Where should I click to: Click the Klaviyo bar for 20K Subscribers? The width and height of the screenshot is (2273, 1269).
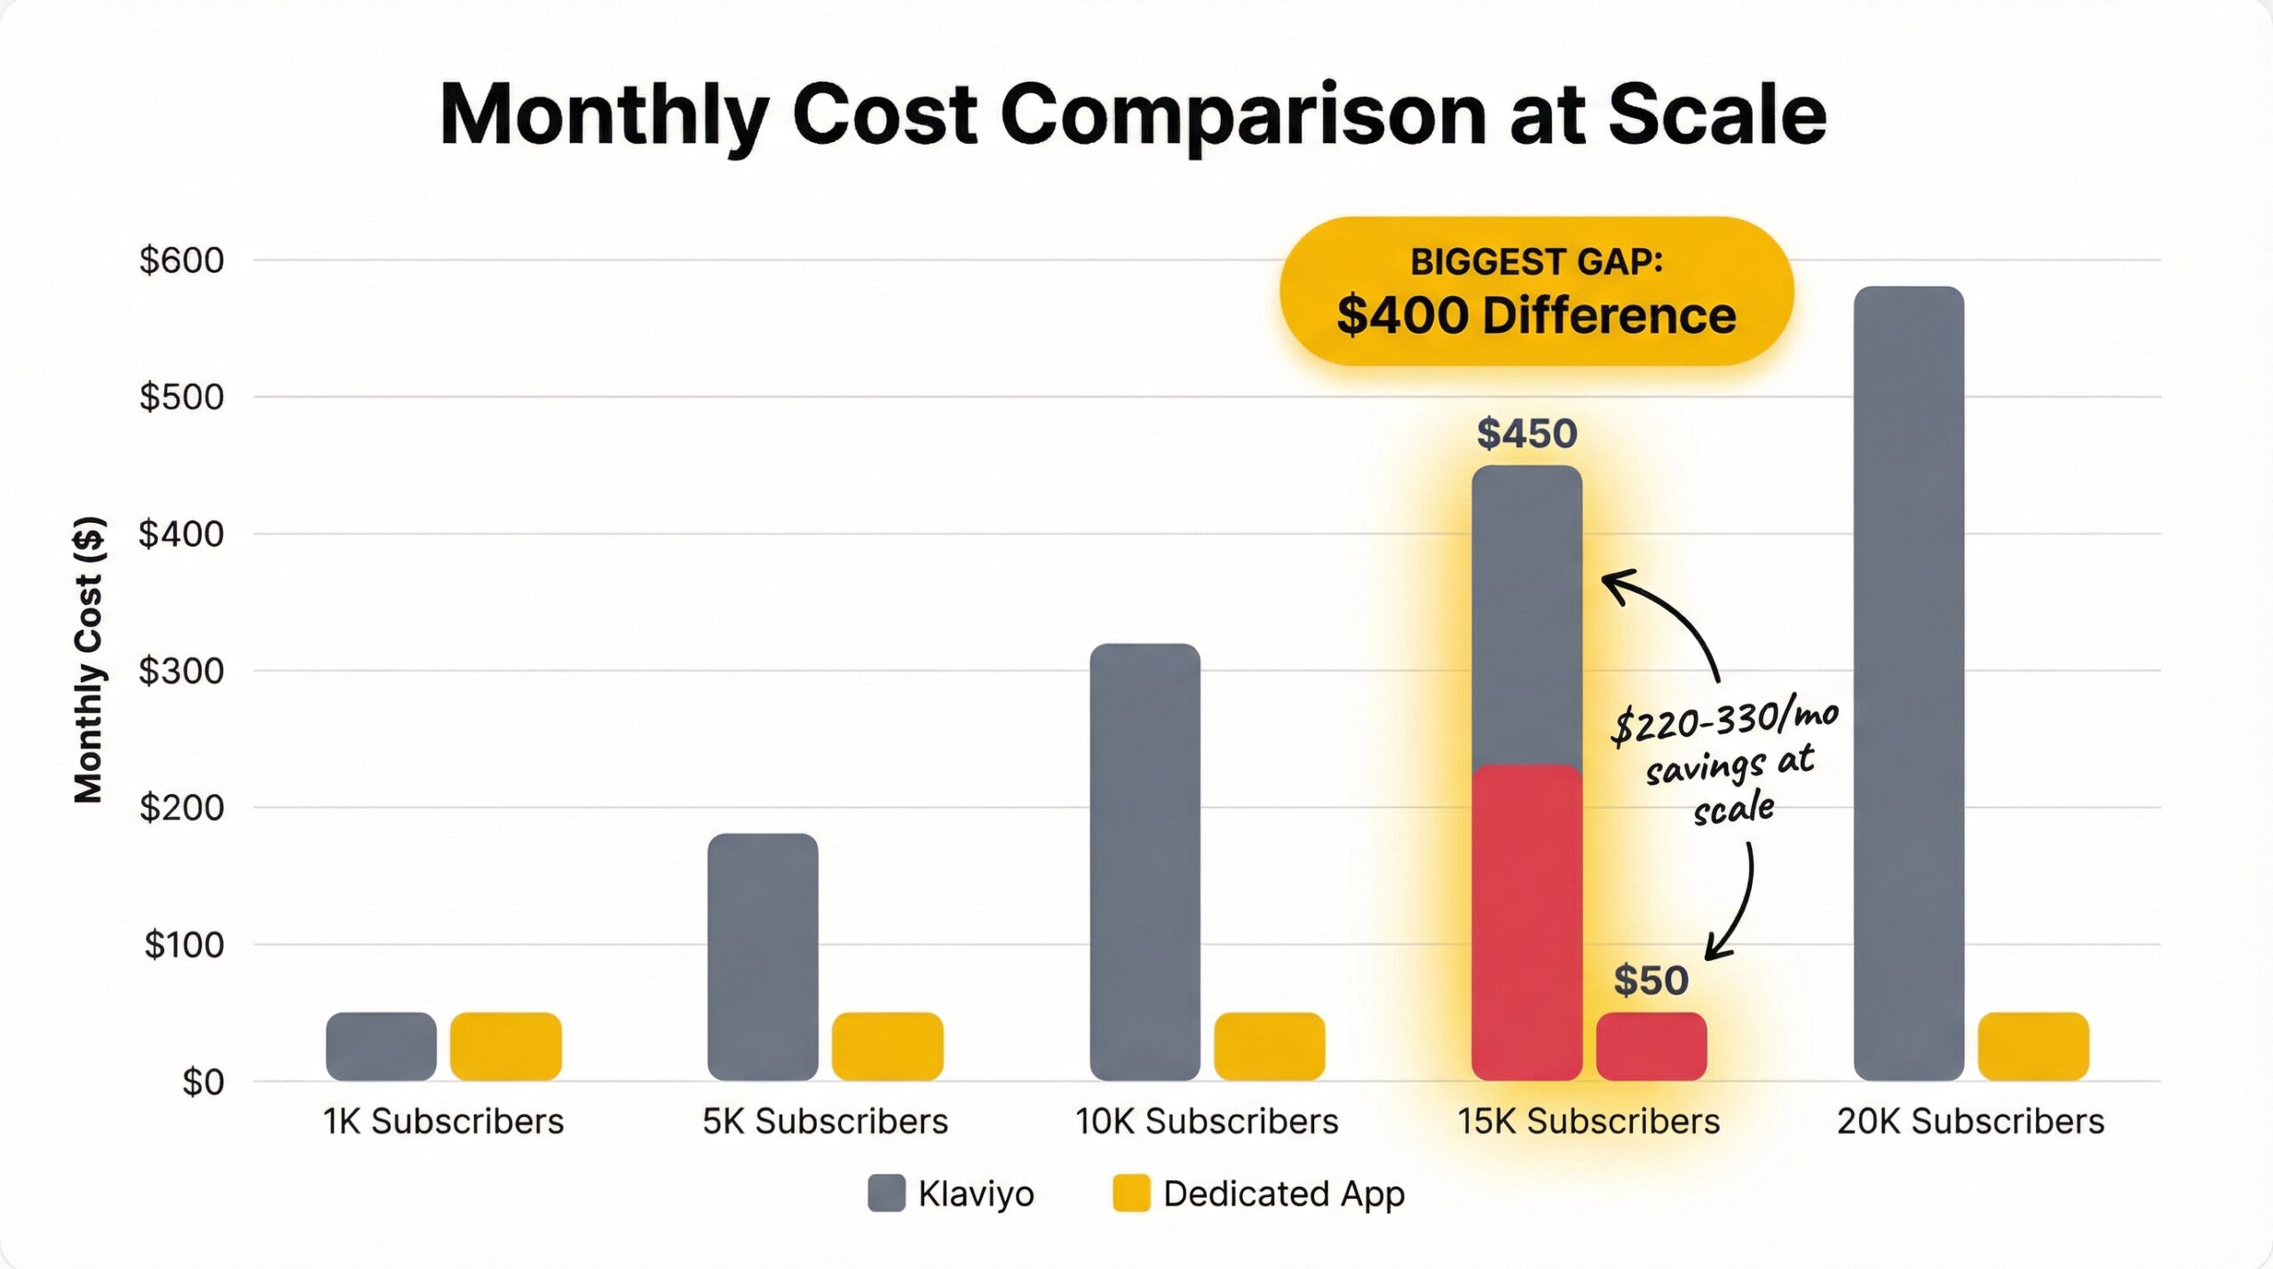point(1908,684)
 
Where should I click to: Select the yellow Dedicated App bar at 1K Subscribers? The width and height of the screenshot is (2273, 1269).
point(505,1046)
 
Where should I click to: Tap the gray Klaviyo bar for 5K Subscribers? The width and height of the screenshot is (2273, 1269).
point(763,957)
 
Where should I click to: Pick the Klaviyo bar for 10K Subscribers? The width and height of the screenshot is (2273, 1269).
point(1144,861)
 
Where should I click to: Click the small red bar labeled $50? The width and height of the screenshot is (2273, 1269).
point(1651,1046)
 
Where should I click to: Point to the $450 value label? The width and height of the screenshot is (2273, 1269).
point(1526,433)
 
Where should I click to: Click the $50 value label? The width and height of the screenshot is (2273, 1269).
point(1651,980)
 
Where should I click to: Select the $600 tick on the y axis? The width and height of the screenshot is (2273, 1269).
point(181,260)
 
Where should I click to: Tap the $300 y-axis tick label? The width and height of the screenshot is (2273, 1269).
point(181,670)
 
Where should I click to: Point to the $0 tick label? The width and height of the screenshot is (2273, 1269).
point(202,1082)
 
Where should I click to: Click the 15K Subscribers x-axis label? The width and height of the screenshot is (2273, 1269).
point(1588,1122)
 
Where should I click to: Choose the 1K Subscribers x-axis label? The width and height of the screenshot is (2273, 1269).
point(443,1122)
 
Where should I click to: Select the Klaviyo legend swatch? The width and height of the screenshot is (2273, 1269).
point(886,1193)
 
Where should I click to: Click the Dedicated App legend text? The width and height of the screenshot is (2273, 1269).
point(1284,1194)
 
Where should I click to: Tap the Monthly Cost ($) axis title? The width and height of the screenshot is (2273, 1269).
point(89,659)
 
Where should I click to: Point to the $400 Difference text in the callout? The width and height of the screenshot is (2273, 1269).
point(1536,315)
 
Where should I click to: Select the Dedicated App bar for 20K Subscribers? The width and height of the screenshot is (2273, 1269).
point(2033,1046)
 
